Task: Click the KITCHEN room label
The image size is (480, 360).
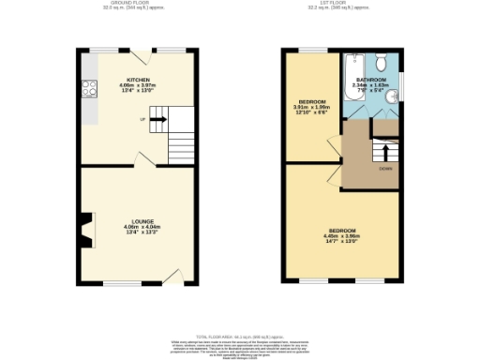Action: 138,81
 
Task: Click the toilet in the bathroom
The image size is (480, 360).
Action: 382,63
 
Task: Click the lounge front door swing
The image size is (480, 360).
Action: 172,274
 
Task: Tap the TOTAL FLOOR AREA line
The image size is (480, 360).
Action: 239,335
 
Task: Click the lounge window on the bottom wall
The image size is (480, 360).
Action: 123,282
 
